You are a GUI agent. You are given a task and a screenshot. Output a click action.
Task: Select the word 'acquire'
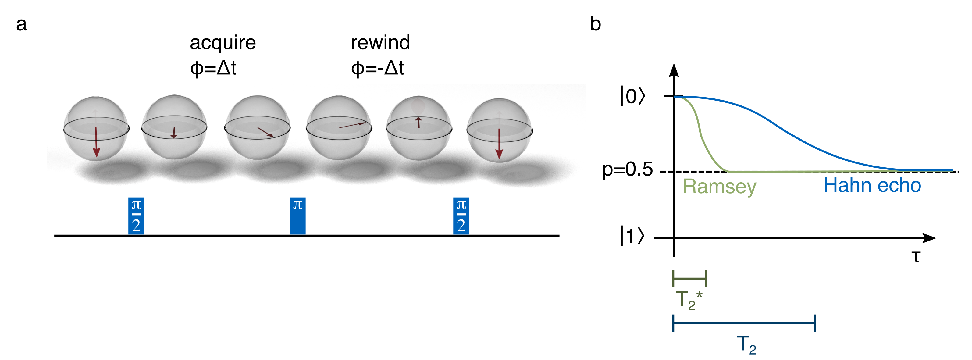pyautogui.click(x=223, y=43)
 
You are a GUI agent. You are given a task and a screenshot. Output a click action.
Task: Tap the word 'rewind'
pyautogui.click(x=380, y=42)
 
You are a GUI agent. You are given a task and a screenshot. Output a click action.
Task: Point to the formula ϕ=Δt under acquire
pyautogui.click(x=213, y=68)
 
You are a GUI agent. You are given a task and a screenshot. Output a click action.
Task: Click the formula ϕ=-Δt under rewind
pyautogui.click(x=377, y=68)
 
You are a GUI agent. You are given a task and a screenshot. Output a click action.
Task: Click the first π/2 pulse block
pyautogui.click(x=136, y=216)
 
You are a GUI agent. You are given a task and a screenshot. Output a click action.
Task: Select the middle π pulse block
pyautogui.click(x=297, y=216)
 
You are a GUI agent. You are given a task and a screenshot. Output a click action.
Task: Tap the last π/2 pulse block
pyautogui.click(x=461, y=216)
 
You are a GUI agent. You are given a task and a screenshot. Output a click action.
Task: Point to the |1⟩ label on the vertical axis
pyautogui.click(x=632, y=236)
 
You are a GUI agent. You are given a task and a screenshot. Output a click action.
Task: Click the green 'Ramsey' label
pyautogui.click(x=719, y=187)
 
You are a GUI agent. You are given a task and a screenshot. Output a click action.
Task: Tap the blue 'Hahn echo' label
pyautogui.click(x=872, y=185)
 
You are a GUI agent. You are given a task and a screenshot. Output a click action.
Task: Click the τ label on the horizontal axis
pyautogui.click(x=916, y=257)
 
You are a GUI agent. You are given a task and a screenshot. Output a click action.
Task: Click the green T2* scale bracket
pyautogui.click(x=689, y=279)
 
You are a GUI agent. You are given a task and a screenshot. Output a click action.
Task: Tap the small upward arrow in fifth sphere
pyautogui.click(x=418, y=122)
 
